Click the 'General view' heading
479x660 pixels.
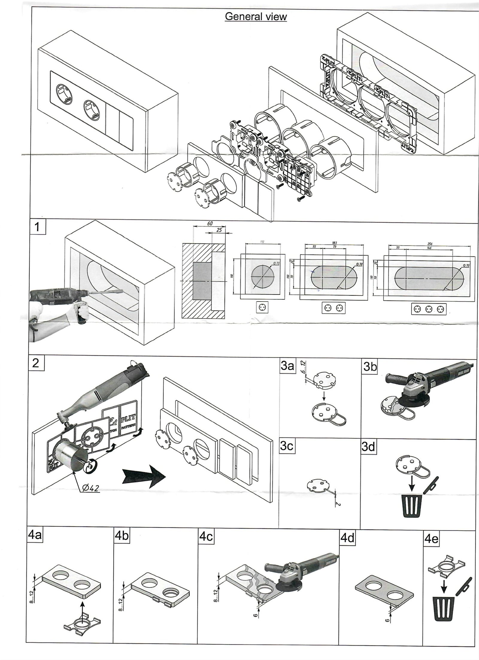pyautogui.click(x=256, y=17)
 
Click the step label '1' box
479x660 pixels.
pyautogui.click(x=38, y=227)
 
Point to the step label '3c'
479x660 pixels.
pyautogui.click(x=287, y=446)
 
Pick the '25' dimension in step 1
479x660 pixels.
pyautogui.click(x=219, y=230)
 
